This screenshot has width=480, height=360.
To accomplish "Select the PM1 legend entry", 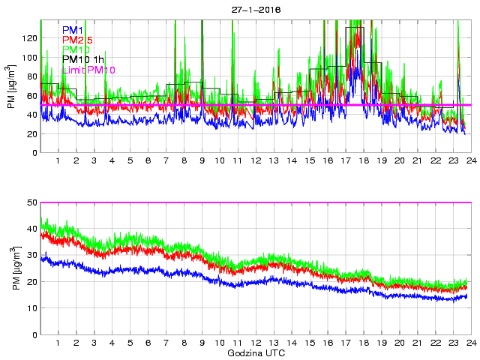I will click(x=73, y=30).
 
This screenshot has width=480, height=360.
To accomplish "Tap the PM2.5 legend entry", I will click(x=78, y=40).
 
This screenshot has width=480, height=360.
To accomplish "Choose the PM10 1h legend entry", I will click(x=83, y=59).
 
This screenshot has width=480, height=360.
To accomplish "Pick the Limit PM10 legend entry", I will click(x=88, y=70).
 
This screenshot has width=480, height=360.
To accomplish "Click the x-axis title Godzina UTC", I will click(x=256, y=352).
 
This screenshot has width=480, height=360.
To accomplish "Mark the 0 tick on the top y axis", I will click(x=34, y=153).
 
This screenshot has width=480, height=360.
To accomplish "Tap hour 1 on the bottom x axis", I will click(x=58, y=343).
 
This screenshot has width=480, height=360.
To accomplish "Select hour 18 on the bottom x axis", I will click(x=363, y=343).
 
